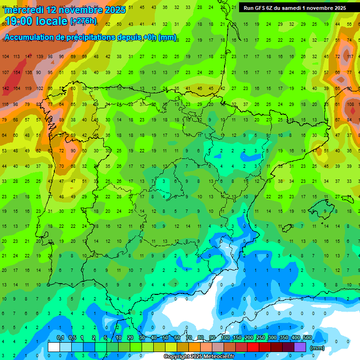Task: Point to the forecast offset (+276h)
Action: point(83,21)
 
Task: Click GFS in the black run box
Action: point(262,8)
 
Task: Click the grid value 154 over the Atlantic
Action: point(17,73)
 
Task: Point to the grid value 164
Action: point(17,89)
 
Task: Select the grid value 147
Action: point(29,57)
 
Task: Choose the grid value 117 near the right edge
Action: point(350,57)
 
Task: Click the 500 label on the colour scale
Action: point(307,338)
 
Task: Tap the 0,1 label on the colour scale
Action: point(60,338)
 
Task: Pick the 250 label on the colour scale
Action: point(261,338)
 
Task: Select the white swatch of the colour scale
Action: point(54,347)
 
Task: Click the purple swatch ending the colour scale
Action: point(300,347)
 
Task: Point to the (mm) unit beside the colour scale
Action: point(317,348)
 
